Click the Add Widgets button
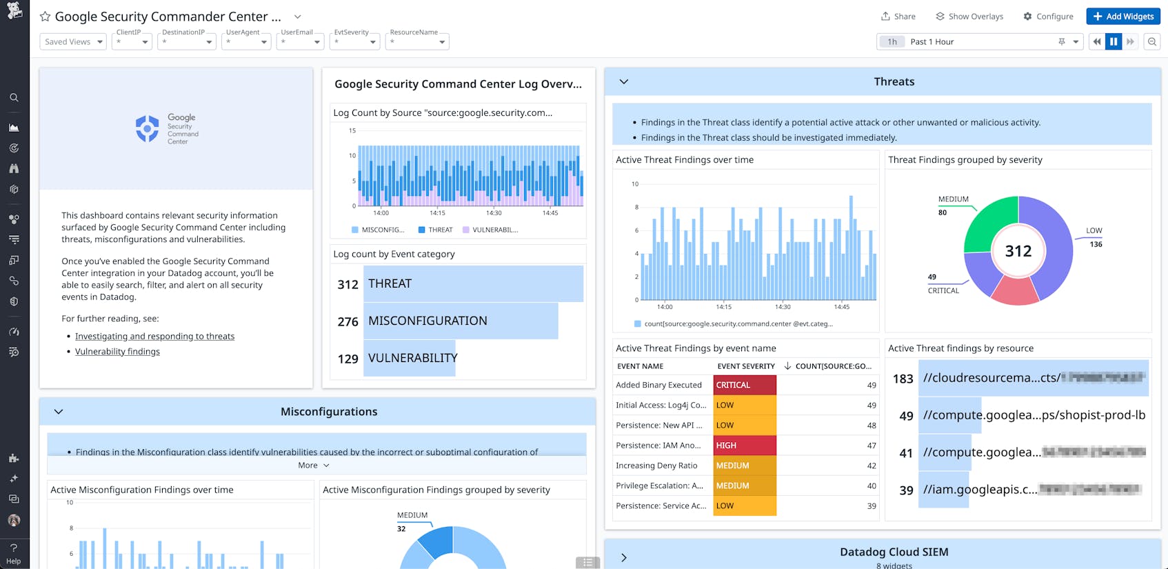[x=1122, y=17]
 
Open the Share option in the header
[x=898, y=17]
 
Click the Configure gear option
[x=1047, y=17]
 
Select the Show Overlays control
[x=969, y=17]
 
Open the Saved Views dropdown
[x=72, y=42]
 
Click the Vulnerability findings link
[x=117, y=352]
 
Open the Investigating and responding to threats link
[x=154, y=337]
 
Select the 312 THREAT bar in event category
[x=473, y=283]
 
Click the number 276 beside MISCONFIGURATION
[x=348, y=321]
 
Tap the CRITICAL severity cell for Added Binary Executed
[x=744, y=385]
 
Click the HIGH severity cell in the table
[x=744, y=446]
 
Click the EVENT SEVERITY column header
[x=745, y=366]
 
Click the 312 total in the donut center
[x=1018, y=251]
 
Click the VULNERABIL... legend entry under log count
[x=494, y=230]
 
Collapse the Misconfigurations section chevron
[x=59, y=412]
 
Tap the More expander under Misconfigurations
[x=313, y=466]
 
